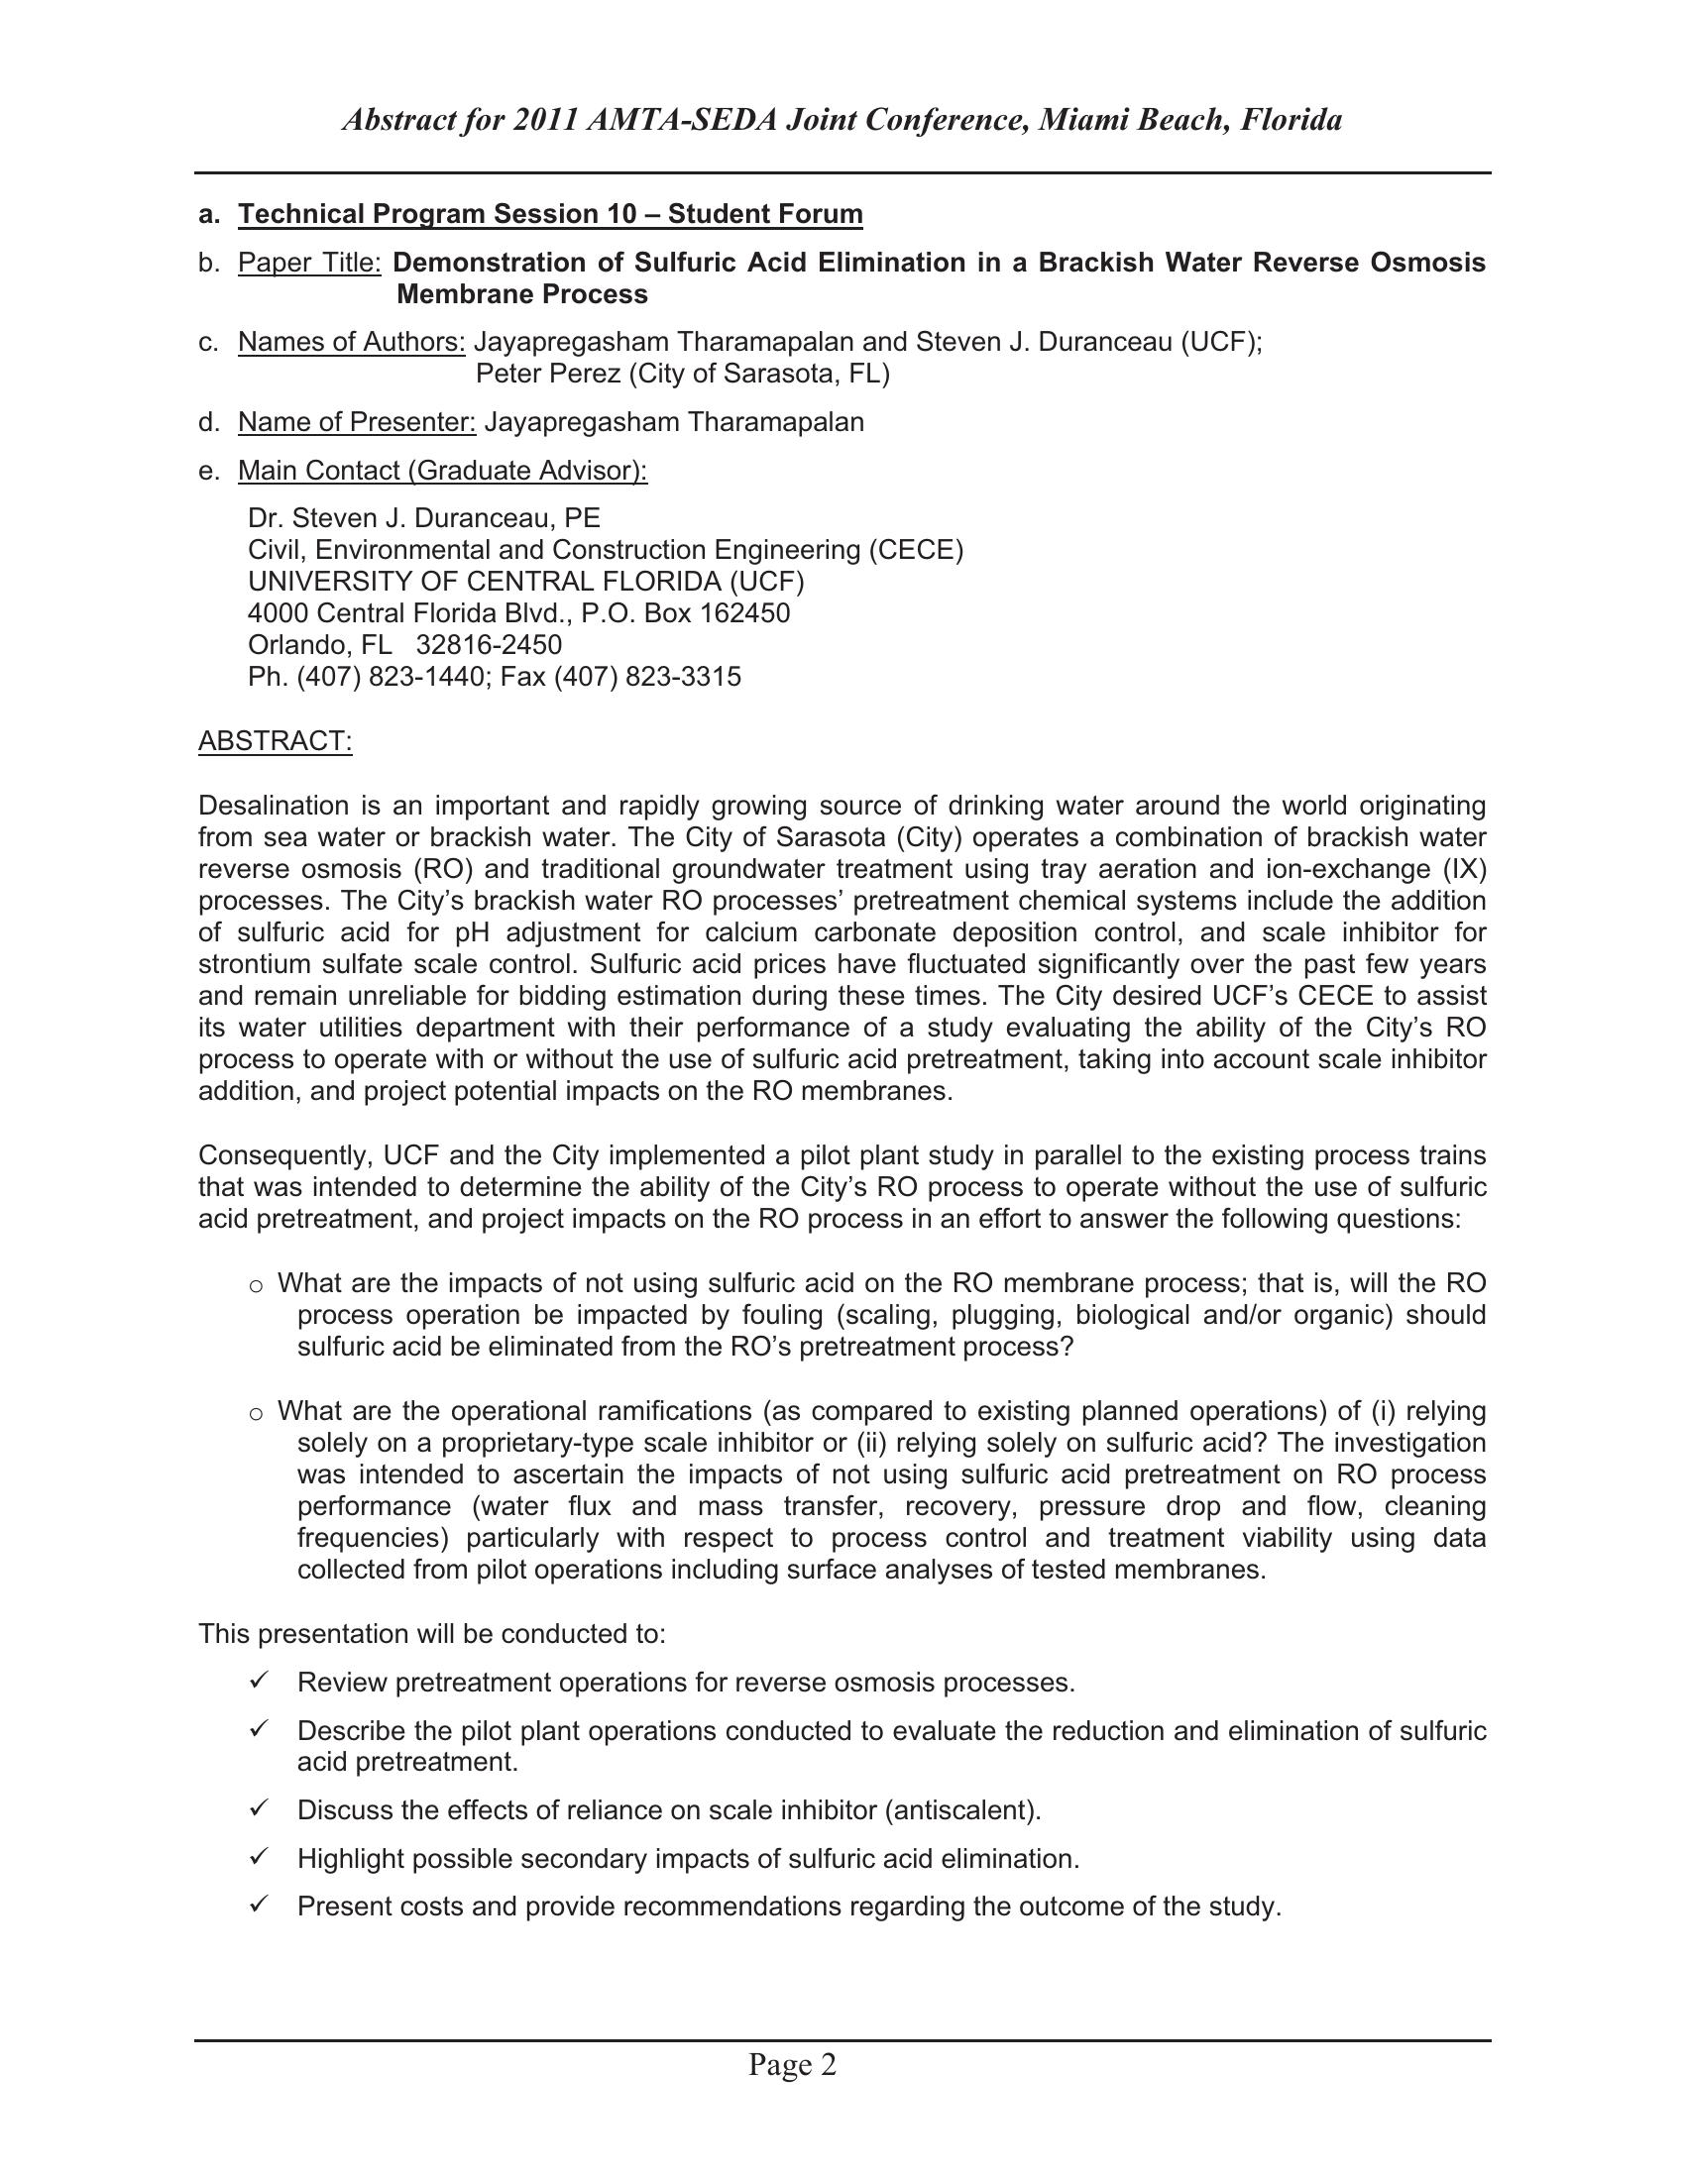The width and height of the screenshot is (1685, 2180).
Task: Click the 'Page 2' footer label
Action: (x=793, y=2064)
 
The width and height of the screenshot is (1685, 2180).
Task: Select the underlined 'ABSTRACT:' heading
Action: (x=276, y=740)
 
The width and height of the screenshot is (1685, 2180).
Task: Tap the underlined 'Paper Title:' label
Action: (x=309, y=263)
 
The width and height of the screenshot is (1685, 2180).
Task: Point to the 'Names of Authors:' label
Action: (x=352, y=343)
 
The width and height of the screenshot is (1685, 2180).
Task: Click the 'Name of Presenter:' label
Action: (x=357, y=422)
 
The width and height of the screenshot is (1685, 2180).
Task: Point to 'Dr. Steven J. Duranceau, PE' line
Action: (x=424, y=518)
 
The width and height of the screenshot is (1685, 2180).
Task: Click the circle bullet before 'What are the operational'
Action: (x=257, y=1413)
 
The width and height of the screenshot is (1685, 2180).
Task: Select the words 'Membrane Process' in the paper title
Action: (x=522, y=294)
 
